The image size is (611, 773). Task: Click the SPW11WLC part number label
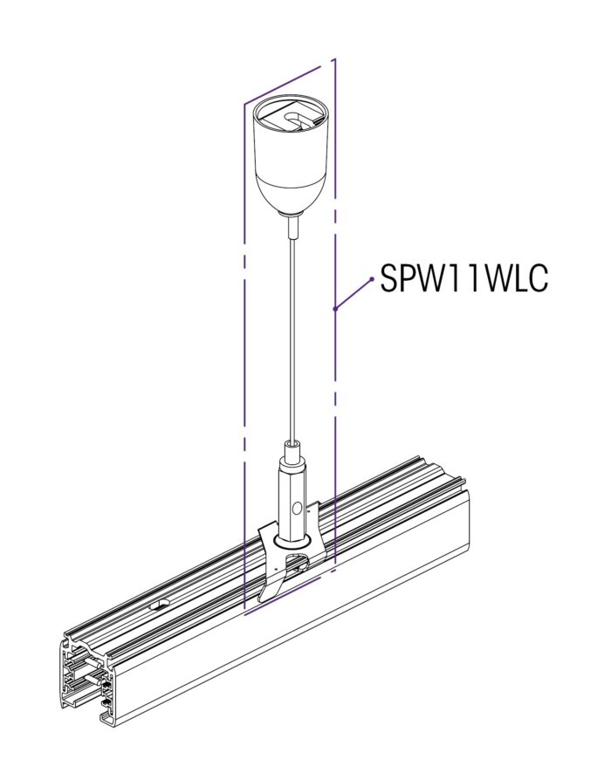click(463, 278)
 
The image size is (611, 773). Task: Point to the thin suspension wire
click(293, 340)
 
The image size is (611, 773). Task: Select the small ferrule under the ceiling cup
click(293, 227)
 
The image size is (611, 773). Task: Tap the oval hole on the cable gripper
click(297, 509)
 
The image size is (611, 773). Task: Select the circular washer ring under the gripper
click(293, 541)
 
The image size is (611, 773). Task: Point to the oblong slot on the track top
click(159, 604)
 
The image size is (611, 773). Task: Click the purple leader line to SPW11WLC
click(354, 294)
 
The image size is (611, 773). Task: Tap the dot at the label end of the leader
click(372, 279)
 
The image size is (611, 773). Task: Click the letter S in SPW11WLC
click(389, 278)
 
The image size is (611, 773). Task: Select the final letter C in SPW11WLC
click(538, 278)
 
